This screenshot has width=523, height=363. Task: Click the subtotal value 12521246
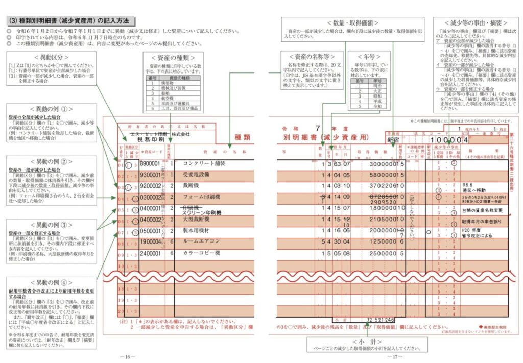382,320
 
